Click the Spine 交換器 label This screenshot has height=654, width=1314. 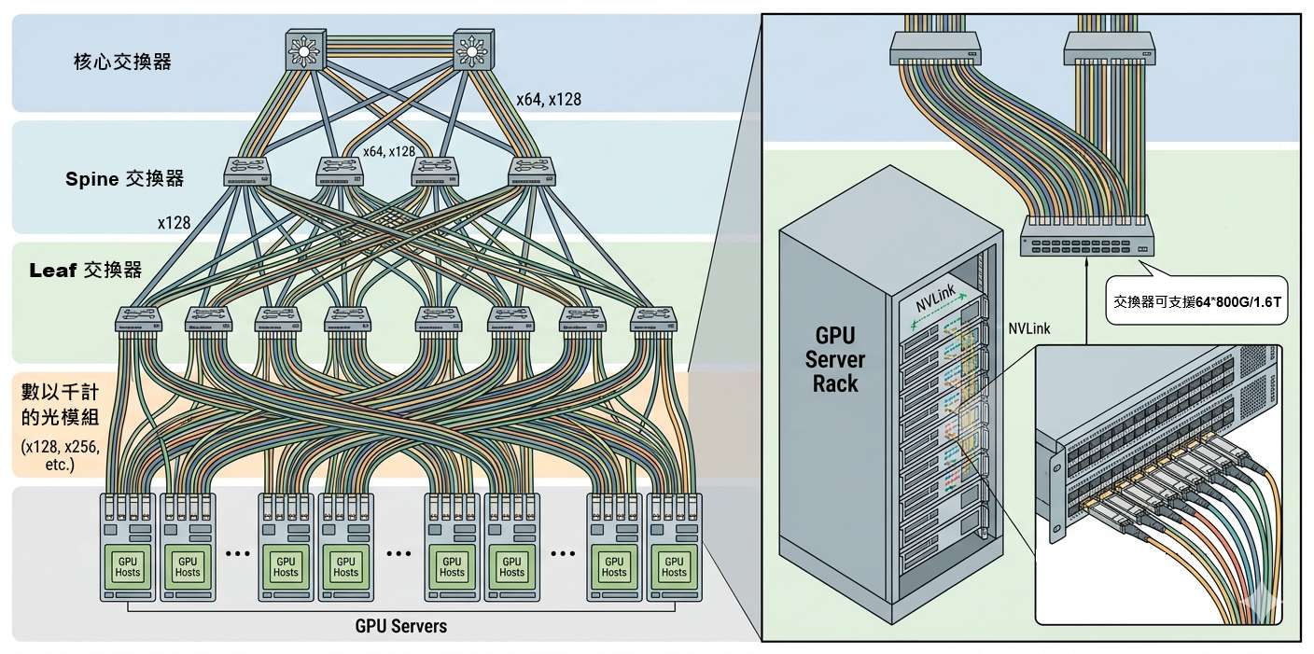click(124, 179)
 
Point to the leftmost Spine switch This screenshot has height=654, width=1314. click(246, 171)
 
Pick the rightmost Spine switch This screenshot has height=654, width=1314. click(531, 171)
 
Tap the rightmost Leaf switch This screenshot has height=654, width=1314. click(653, 320)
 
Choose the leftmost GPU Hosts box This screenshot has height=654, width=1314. click(127, 565)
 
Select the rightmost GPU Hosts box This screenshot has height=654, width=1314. click(673, 565)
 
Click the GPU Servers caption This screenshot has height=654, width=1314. click(400, 626)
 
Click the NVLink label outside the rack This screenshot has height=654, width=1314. click(1029, 328)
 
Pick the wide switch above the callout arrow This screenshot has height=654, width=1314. click(1086, 236)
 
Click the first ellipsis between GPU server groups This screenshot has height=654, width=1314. click(238, 553)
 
